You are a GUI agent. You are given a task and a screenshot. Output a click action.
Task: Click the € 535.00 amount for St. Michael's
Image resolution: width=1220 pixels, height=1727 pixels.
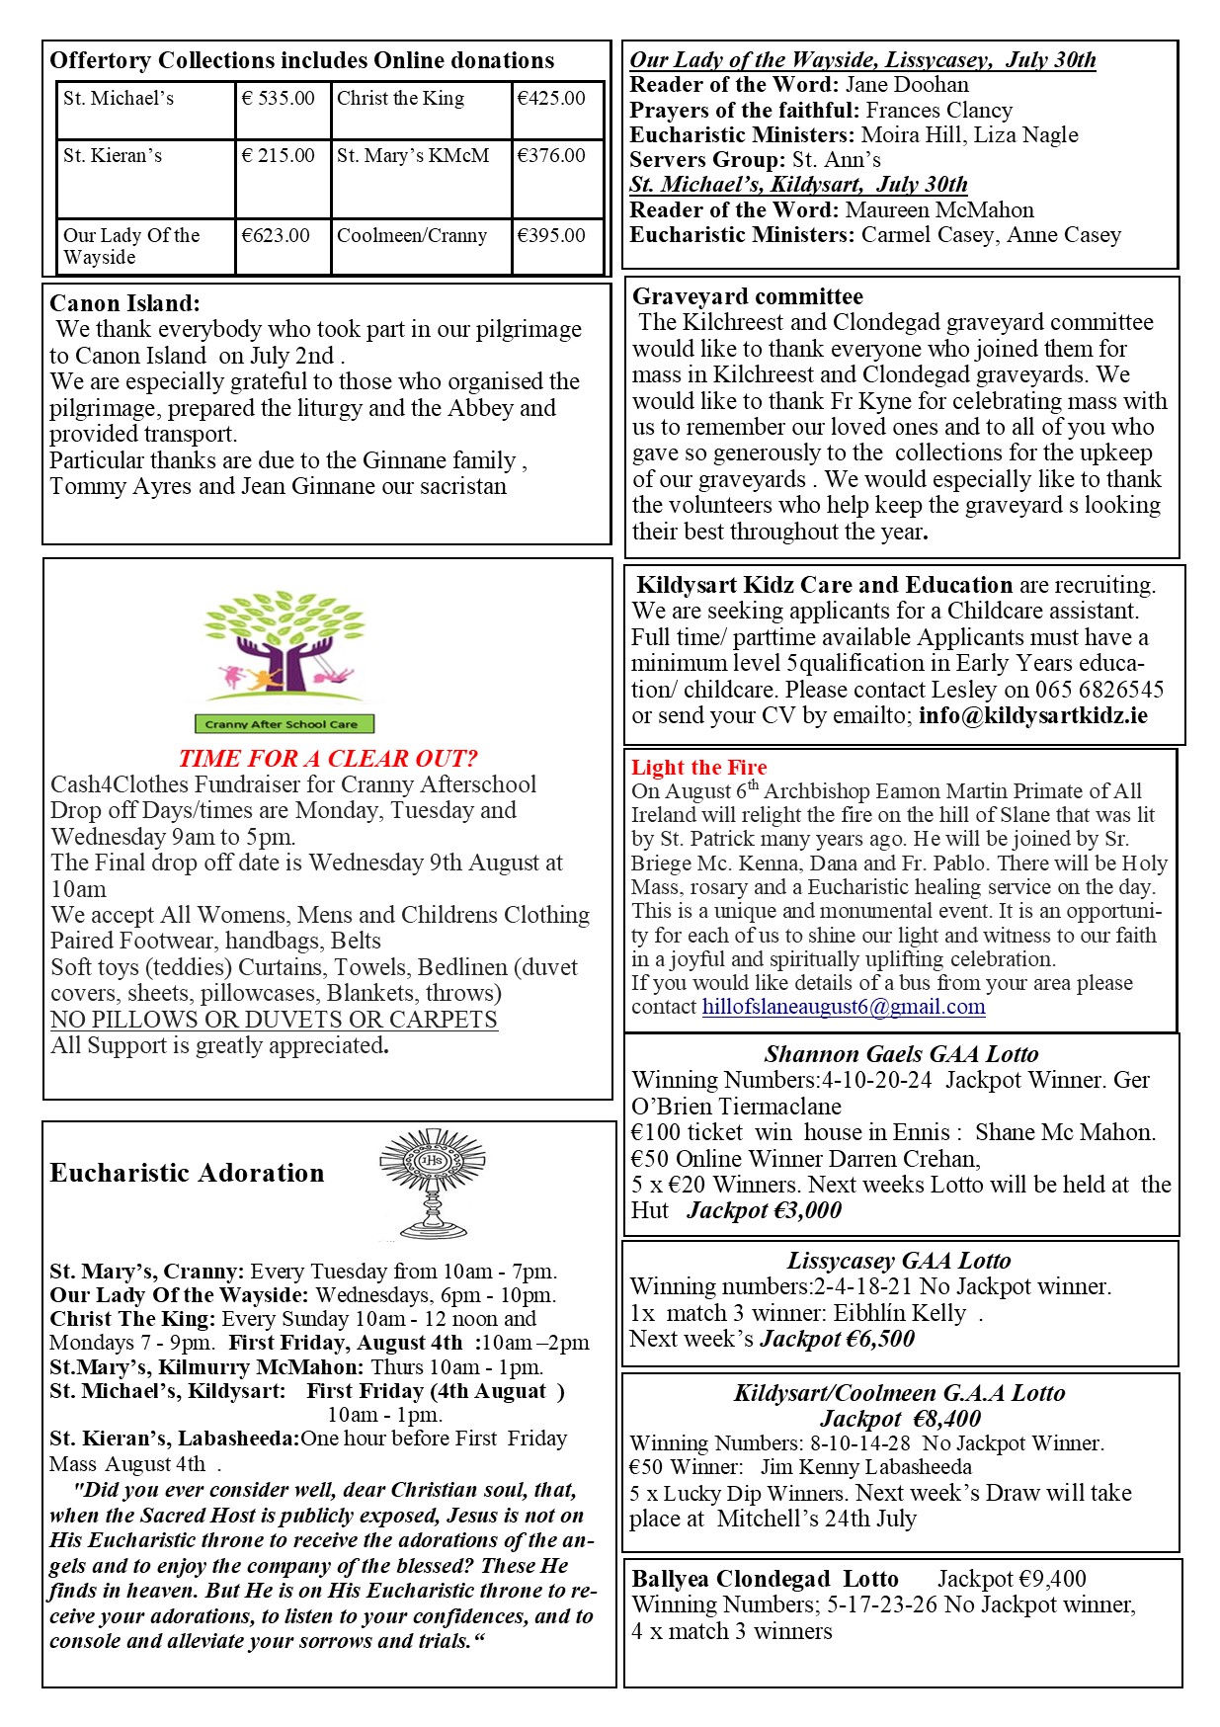(279, 99)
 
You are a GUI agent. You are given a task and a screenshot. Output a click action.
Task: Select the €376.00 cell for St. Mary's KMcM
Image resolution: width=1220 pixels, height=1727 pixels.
(551, 156)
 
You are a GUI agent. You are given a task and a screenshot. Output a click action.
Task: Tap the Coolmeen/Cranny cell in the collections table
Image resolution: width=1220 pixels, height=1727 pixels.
(412, 236)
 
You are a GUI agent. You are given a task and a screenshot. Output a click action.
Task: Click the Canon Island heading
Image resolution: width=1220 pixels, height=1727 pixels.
(124, 303)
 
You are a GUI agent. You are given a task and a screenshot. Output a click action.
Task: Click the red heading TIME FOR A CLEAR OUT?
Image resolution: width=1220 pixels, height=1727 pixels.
(327, 759)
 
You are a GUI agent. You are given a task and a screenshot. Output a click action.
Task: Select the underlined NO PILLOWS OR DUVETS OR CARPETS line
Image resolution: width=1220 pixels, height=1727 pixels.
(274, 1020)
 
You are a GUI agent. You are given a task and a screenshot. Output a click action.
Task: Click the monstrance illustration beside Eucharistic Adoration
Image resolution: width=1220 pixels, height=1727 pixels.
(433, 1184)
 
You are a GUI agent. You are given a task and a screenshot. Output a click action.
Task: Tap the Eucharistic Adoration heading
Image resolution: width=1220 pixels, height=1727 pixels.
(187, 1173)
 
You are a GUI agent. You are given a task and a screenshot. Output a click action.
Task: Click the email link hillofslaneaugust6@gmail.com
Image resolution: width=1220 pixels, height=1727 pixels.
(844, 1007)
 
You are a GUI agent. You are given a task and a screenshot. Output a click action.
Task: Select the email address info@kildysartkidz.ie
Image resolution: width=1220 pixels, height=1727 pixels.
(1033, 715)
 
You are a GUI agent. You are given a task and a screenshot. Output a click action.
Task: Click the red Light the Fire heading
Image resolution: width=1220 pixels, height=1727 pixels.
(698, 768)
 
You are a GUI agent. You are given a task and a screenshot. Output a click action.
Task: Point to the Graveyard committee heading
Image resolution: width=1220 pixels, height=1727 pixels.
(747, 296)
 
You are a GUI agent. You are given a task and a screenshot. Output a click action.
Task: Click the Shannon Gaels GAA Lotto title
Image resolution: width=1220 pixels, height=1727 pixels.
(901, 1054)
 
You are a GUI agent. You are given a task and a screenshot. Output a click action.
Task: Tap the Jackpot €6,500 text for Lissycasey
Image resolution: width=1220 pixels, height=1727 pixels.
(837, 1339)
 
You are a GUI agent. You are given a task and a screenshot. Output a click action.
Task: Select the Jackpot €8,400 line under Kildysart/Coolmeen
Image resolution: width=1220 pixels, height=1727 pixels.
(900, 1419)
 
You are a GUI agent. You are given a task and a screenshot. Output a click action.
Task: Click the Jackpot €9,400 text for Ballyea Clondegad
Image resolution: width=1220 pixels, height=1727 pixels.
(1012, 1579)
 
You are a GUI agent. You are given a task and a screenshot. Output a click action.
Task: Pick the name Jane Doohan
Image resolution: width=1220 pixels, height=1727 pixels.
(907, 85)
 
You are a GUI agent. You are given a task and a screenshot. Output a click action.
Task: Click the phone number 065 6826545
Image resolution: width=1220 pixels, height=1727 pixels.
(1099, 690)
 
